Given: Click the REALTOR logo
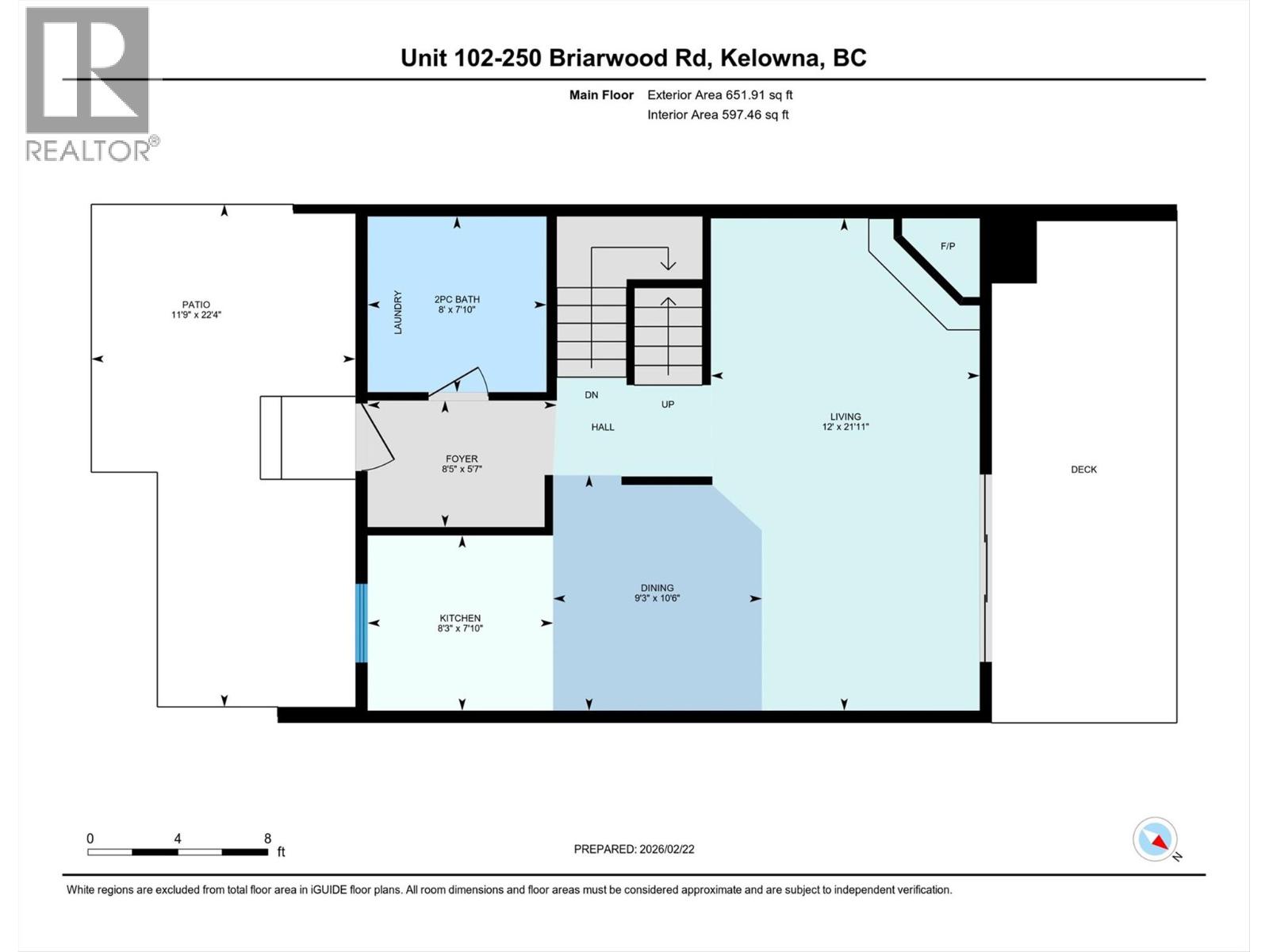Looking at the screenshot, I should click(89, 83).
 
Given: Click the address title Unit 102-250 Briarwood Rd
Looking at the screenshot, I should click(633, 58).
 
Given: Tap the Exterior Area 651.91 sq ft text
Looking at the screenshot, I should click(719, 95).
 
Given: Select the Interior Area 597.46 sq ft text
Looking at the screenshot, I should click(718, 115).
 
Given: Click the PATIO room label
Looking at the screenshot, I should click(196, 305).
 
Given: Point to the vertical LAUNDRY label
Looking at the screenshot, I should click(398, 312).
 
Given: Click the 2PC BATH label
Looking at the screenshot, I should click(457, 300).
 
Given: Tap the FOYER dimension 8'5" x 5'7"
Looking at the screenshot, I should click(462, 470).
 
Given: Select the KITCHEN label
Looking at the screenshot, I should click(460, 618).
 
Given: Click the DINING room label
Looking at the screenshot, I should click(658, 588).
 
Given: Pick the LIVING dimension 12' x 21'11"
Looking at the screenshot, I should click(845, 427).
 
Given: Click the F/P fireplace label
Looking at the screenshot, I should click(948, 246).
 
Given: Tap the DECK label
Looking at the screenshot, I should click(1083, 470).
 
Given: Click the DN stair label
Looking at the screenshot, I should click(592, 394).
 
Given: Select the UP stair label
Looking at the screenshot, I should click(668, 405).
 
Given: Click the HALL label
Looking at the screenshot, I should click(603, 427).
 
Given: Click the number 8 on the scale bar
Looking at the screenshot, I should click(268, 839).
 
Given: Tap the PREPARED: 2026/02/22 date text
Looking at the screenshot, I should click(634, 849).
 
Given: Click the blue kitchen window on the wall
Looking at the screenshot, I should click(362, 624).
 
